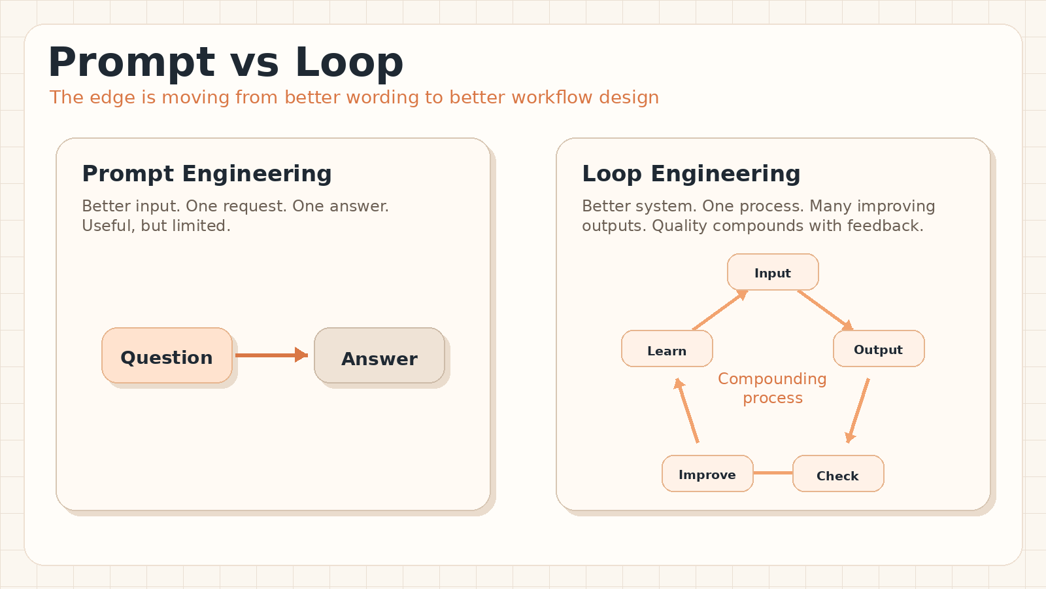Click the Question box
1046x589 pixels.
click(167, 355)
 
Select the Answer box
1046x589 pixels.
click(379, 355)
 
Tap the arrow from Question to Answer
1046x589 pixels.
click(272, 355)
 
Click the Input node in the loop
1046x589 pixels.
click(773, 272)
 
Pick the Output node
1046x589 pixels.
click(879, 349)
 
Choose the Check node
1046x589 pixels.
click(838, 474)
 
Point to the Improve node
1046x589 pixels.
click(707, 474)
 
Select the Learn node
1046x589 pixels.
click(667, 349)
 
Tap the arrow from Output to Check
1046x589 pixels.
click(858, 411)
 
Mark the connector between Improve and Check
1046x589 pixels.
click(773, 473)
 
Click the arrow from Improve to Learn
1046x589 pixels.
click(686, 411)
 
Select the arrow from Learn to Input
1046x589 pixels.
click(720, 310)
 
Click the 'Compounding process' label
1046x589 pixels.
click(772, 388)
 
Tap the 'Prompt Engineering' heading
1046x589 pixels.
click(207, 174)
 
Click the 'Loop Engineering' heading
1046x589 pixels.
click(691, 174)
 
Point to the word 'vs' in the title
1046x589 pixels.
click(254, 63)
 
